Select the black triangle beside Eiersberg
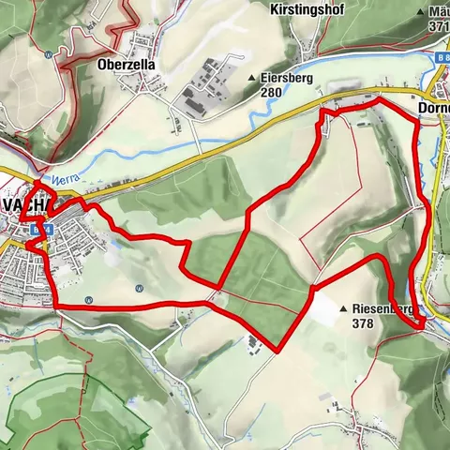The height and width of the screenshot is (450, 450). click(x=251, y=79)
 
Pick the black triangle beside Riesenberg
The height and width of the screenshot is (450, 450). click(x=344, y=307)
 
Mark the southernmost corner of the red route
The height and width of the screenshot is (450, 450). click(x=278, y=352)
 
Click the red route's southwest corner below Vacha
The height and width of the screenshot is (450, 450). click(x=55, y=307)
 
